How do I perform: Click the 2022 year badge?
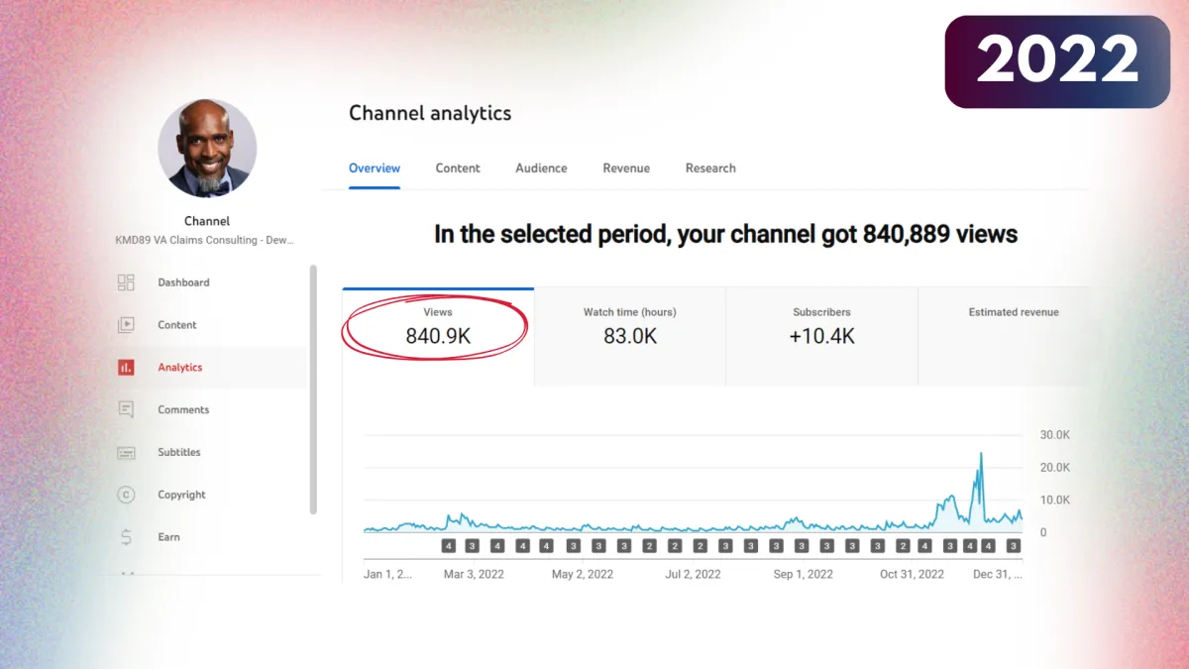1057,61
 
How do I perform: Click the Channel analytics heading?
430,113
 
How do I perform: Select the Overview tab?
375,168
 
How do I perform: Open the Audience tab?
541,168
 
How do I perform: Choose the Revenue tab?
626,168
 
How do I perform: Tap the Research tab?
710,168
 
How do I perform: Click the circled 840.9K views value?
438,336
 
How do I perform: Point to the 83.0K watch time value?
630,336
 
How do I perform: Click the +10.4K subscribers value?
821,336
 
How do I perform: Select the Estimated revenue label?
1014,312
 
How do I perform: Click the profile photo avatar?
207,149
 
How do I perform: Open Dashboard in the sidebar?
183,282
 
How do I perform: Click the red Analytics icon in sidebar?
126,368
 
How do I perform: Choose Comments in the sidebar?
183,409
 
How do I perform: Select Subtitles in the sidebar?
178,452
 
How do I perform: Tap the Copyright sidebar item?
181,495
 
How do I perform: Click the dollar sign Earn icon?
126,537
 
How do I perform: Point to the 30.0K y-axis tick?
1054,435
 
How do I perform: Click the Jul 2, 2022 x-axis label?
693,574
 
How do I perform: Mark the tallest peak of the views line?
981,454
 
